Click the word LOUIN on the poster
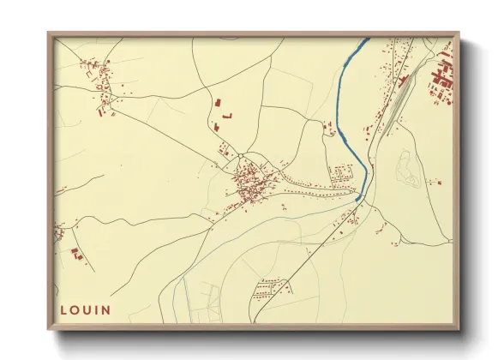click(x=86, y=309)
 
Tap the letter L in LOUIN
click(x=64, y=309)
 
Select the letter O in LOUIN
click(x=75, y=309)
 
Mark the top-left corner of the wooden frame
click(x=49, y=33)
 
